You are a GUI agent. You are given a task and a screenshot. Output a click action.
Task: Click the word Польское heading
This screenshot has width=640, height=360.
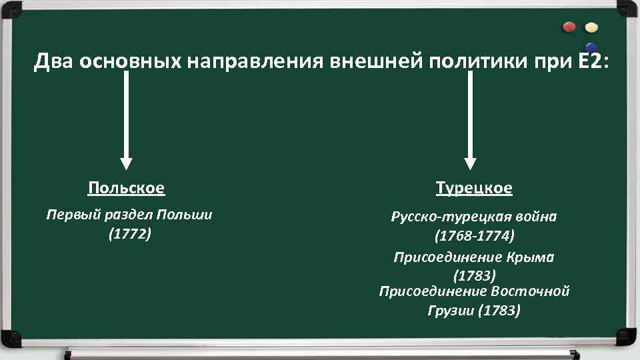pyautogui.click(x=126, y=188)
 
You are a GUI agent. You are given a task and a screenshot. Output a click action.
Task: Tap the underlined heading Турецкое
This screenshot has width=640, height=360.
pyautogui.click(x=474, y=188)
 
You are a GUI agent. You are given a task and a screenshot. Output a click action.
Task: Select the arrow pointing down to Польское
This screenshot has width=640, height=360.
pyautogui.click(x=126, y=120)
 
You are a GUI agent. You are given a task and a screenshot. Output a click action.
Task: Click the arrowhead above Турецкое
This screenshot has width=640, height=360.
pyautogui.click(x=471, y=163)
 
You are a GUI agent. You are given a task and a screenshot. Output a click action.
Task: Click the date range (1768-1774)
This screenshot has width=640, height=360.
pyautogui.click(x=474, y=236)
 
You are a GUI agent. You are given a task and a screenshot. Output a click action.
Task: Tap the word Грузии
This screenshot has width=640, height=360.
pyautogui.click(x=451, y=310)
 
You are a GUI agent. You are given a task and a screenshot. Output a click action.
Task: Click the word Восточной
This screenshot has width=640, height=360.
pyautogui.click(x=530, y=291)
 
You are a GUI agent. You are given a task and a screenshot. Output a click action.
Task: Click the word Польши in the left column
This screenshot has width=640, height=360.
pyautogui.click(x=184, y=215)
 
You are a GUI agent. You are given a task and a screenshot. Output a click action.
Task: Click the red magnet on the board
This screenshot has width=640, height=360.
pyautogui.click(x=569, y=27)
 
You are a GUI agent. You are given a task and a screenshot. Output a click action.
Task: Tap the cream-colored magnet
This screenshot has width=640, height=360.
pyautogui.click(x=591, y=28)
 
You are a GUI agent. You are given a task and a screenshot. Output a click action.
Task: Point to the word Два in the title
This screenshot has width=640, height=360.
pyautogui.click(x=54, y=62)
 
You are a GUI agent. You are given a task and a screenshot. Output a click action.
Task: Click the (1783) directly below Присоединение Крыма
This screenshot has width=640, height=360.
pyautogui.click(x=474, y=275)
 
